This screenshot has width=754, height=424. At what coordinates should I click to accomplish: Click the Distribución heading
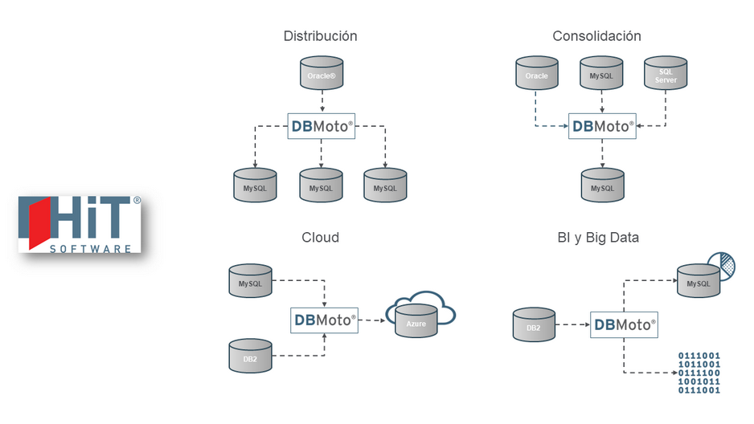pos(320,36)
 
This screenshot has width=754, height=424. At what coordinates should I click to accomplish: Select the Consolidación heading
pos(596,36)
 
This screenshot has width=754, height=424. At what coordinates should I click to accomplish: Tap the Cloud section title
pos(320,237)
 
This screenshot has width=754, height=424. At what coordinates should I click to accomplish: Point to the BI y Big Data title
pos(598,237)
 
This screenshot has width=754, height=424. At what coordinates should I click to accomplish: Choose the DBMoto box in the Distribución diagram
pos(322,126)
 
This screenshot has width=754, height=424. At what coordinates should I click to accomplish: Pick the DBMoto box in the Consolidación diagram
pos(602,126)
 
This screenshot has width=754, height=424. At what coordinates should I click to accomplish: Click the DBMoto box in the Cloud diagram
pos(324,320)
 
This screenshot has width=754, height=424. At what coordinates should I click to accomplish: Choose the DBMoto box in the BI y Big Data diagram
pos(624,325)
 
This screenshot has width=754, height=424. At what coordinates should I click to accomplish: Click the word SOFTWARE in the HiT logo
pos(90,249)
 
